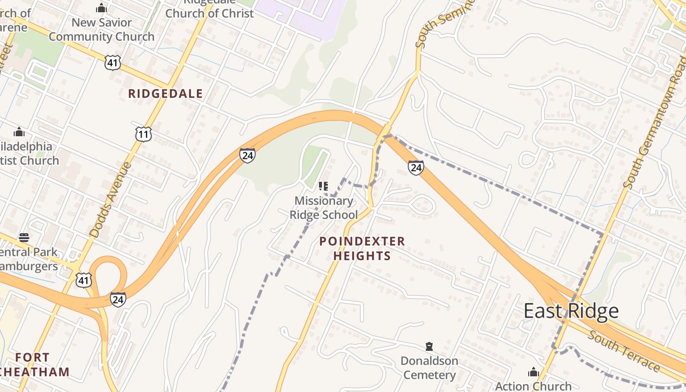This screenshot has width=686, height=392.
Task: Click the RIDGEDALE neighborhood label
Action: (x=165, y=94)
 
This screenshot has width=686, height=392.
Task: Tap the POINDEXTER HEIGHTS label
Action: (x=362, y=248)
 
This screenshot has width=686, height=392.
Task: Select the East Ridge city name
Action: (x=571, y=311)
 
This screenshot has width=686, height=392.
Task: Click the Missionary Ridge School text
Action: (x=324, y=208)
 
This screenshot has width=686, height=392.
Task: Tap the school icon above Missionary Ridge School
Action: (x=323, y=186)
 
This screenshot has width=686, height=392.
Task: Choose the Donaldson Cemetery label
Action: (x=429, y=368)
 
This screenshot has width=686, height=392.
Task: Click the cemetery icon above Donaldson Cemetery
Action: (x=429, y=347)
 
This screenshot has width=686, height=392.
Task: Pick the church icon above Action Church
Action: (x=533, y=372)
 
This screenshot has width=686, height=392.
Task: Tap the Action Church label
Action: (x=533, y=386)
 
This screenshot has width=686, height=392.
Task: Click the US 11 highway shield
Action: (x=144, y=134)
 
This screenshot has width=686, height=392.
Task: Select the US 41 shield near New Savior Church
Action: (x=112, y=62)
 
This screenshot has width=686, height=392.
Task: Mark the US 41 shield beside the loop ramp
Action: (x=83, y=279)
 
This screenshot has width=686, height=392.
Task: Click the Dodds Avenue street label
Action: (x=111, y=200)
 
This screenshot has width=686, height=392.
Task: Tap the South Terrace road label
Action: (x=624, y=351)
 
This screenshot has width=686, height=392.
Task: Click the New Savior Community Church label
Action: (x=101, y=29)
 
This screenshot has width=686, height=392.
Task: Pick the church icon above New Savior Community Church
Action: (x=101, y=8)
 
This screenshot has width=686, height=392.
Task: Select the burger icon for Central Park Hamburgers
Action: (x=24, y=238)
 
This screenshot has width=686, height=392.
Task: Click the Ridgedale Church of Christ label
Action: (x=210, y=9)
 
